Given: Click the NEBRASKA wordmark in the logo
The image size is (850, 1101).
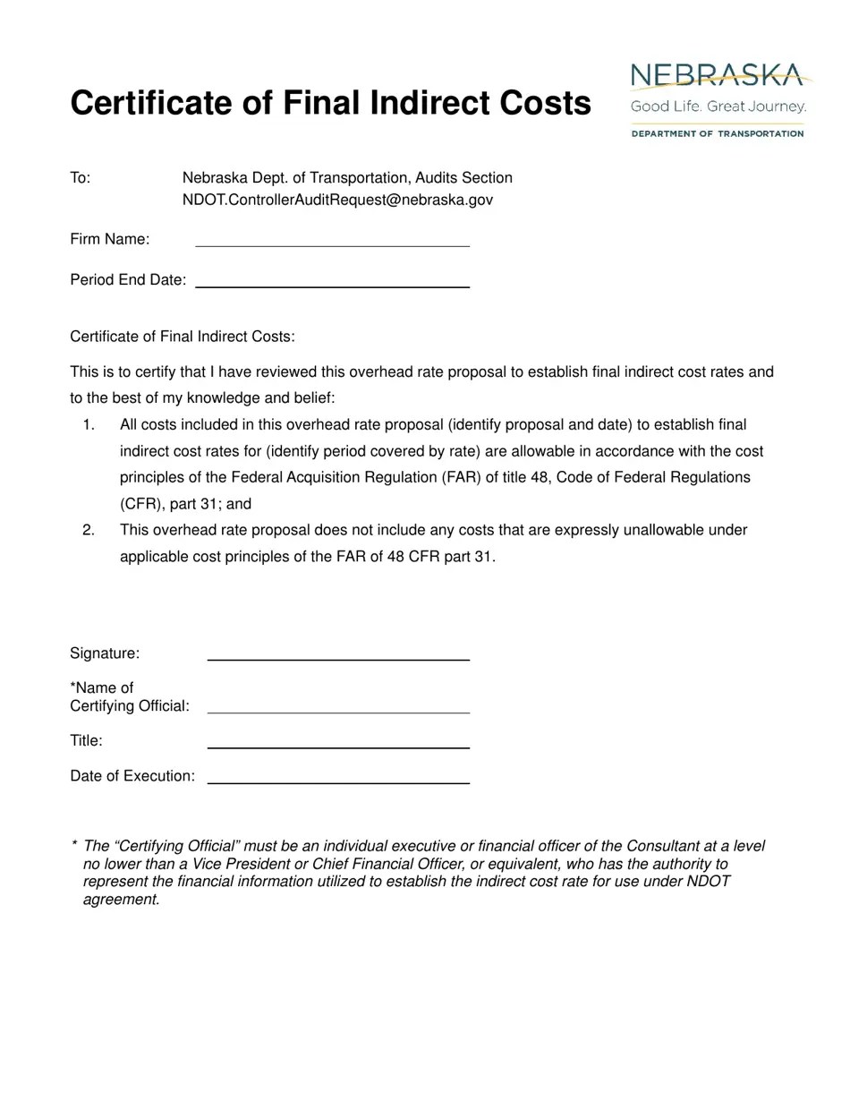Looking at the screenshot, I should coord(717,76).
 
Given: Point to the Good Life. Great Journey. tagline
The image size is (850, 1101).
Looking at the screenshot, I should coord(718,107).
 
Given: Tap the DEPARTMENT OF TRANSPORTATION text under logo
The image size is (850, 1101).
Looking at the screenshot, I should coord(718,133).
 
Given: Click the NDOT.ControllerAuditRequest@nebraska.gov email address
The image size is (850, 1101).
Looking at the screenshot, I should coord(337,200).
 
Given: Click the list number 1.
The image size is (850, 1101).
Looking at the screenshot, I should coord(88,424).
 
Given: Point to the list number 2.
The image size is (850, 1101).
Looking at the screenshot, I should coord(88,530).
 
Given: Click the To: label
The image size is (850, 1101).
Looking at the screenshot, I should coord(81,178).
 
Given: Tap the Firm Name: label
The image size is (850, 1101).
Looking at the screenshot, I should coord(110,239).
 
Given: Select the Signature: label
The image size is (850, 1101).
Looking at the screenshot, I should coord(105,653).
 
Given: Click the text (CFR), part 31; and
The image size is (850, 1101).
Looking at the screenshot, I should coord(185,504).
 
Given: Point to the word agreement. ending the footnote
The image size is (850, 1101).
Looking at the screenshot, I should coord(121,900).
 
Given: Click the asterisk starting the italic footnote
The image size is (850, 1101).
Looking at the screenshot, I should coord(73,846).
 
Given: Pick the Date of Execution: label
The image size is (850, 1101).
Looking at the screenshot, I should coord(132,776).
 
